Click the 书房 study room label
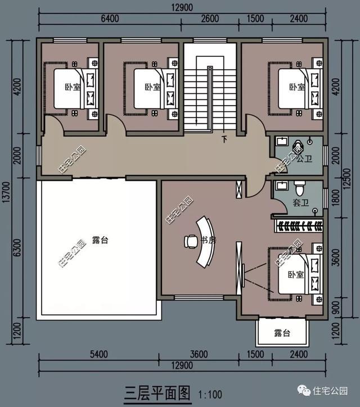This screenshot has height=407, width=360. (x=209, y=241)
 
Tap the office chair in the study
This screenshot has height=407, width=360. (x=190, y=241)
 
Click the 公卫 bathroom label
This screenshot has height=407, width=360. (x=304, y=160)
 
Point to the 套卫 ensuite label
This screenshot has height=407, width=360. (x=300, y=202)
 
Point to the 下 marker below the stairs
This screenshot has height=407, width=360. (x=224, y=138)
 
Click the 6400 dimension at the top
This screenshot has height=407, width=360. (x=110, y=19)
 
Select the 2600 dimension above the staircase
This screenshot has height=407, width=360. (x=210, y=19)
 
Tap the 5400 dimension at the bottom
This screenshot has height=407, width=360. (x=98, y=354)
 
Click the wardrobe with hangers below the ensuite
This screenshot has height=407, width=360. (x=298, y=227)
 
